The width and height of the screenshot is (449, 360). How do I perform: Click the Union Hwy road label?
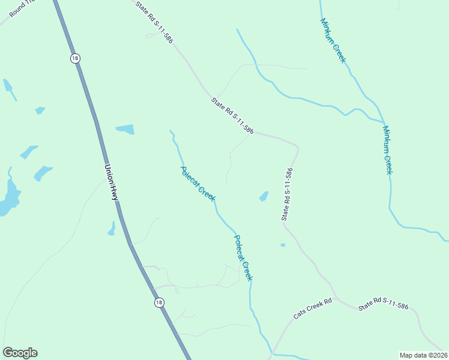(112, 183)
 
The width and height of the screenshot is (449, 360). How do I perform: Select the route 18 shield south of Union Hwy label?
(158, 303)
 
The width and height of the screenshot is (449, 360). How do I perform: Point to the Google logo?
(20, 353)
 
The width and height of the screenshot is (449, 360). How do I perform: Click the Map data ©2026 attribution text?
(423, 355)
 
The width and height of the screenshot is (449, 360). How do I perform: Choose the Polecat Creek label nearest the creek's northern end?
(198, 184)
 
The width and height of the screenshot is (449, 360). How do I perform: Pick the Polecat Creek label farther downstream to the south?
(243, 258)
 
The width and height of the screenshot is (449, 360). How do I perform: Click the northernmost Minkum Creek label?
(333, 40)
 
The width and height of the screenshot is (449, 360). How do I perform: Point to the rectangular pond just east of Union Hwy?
(125, 129)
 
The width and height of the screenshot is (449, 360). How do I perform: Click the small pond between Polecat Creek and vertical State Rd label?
(264, 196)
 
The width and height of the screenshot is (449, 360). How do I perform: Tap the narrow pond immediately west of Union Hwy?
(111, 229)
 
